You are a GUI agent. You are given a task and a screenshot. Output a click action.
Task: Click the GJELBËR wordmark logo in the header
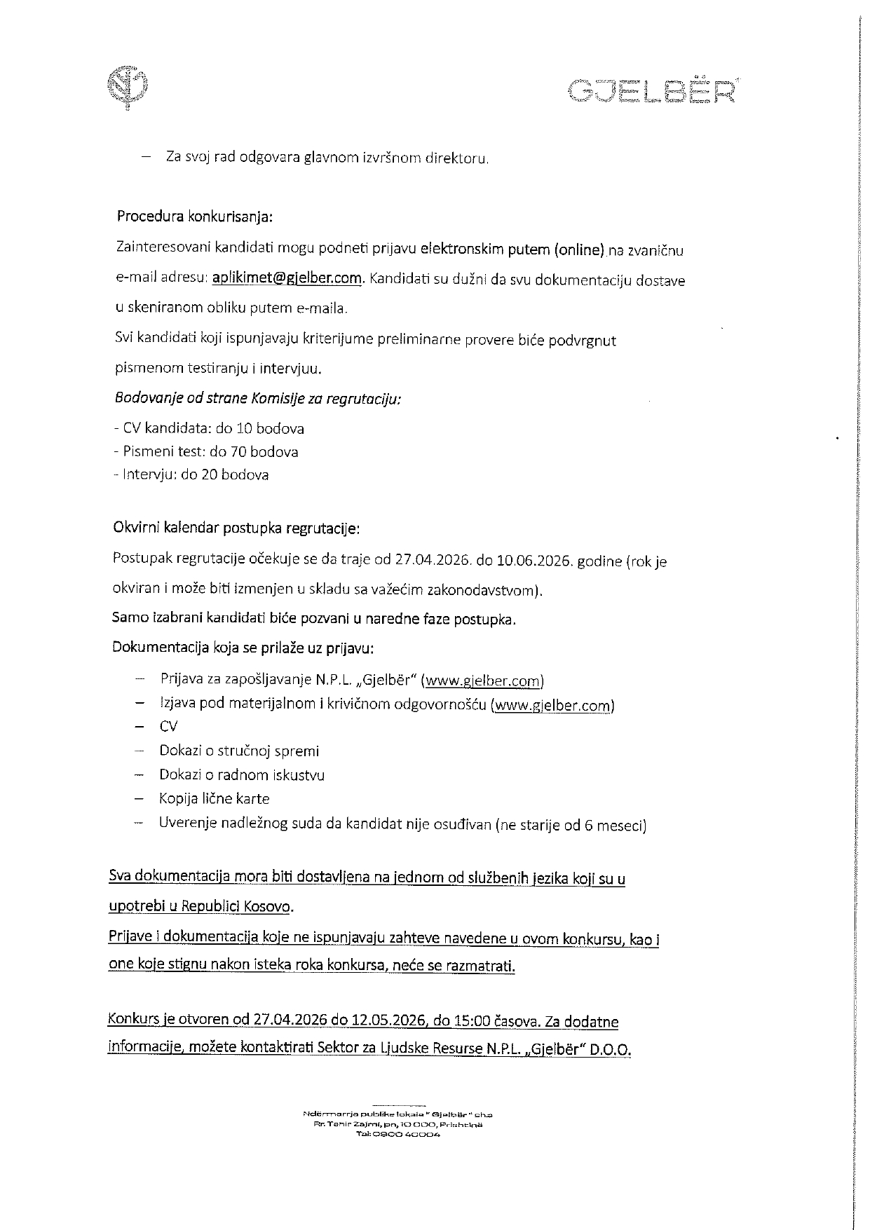652,90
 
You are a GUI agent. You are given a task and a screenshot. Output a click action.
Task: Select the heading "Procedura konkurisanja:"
194,216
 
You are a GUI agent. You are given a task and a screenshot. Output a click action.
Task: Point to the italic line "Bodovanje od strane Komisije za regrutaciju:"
258,399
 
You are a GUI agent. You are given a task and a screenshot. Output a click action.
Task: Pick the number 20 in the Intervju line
210,474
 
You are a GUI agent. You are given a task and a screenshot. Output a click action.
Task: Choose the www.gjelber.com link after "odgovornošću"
552,706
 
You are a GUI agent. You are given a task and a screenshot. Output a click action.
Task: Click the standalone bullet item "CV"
168,726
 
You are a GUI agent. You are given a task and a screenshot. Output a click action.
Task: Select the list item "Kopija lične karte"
214,798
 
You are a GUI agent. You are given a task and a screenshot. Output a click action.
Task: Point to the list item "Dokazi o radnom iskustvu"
242,774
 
